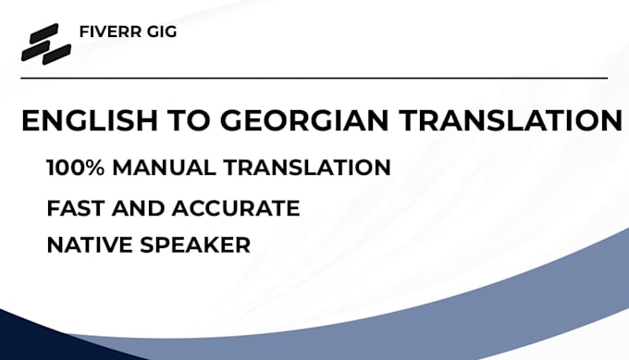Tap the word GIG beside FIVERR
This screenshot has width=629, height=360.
(x=162, y=31)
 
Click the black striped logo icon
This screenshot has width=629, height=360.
(x=46, y=43)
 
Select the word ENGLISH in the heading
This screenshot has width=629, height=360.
(x=90, y=120)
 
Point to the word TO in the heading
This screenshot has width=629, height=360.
(x=189, y=120)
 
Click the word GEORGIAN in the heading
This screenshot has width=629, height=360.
(x=304, y=120)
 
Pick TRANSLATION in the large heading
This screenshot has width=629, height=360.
(x=511, y=120)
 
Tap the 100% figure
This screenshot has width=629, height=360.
(x=76, y=168)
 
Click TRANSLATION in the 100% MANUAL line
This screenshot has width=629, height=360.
(x=307, y=168)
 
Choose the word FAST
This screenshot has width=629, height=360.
(x=76, y=208)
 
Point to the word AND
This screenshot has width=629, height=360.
(x=138, y=208)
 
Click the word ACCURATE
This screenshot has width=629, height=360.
(x=236, y=208)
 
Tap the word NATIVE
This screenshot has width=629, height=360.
(x=89, y=245)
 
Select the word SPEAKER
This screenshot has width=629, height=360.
(x=195, y=245)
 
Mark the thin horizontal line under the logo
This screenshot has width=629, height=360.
(x=314, y=78)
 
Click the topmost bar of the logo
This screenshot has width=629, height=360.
(x=44, y=32)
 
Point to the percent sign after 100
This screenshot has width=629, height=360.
(x=95, y=168)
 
